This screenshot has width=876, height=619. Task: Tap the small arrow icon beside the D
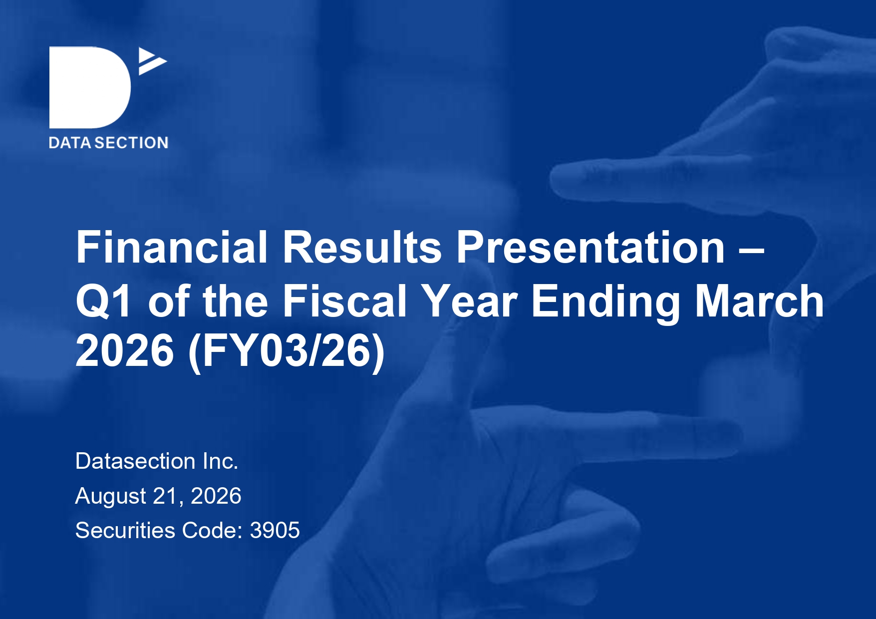point(152,61)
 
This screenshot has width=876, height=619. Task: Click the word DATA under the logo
point(70,143)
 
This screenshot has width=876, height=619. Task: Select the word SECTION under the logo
point(132,143)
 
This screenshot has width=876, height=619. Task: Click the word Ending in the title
point(606,302)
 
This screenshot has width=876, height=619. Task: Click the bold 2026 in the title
point(125,350)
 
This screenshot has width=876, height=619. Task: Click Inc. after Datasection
point(221,461)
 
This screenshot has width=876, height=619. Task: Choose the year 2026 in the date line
point(216,496)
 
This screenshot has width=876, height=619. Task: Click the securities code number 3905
point(275,530)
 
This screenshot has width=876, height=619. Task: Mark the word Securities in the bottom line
point(125,530)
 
